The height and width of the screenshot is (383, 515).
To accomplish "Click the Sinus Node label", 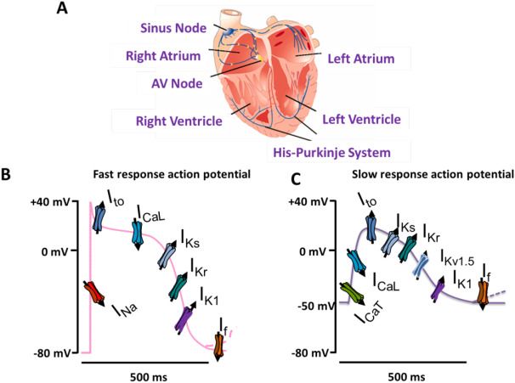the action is click(173, 28).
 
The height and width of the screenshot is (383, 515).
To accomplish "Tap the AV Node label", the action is click(177, 84).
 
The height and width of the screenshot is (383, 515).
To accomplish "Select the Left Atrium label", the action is click(361, 59).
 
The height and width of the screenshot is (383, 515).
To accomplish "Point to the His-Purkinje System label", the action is click(332, 153).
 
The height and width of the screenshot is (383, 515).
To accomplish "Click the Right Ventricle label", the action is click(179, 121).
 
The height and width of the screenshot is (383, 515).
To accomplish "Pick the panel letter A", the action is click(62, 8).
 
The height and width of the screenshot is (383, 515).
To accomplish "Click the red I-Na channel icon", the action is click(94, 293).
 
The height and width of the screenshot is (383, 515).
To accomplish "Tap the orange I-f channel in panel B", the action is click(219, 346).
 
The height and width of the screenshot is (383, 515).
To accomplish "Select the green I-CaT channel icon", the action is click(352, 293).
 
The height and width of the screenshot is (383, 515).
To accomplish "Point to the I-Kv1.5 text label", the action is click(457, 257).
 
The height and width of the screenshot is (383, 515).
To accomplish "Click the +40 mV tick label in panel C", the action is click(308, 201).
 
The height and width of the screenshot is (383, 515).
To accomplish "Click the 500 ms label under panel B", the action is click(149, 377).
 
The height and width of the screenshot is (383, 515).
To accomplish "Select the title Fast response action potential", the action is click(172, 174).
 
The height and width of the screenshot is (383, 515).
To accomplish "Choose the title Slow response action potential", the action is click(433, 174).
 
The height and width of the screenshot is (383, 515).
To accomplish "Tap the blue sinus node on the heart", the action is click(229, 31).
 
